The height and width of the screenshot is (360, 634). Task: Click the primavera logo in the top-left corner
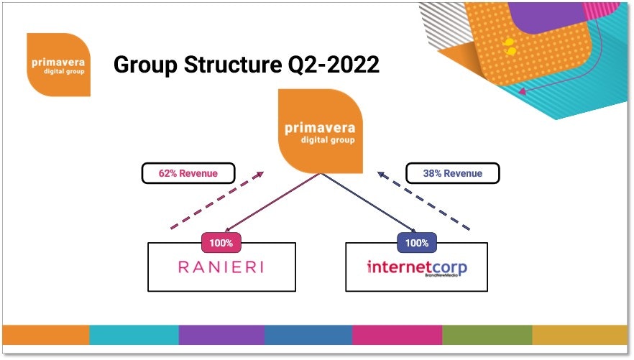point(59,65)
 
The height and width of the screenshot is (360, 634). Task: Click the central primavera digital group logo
point(321,131)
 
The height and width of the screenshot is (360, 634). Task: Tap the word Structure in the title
point(233,64)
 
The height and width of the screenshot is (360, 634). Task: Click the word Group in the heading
point(145,65)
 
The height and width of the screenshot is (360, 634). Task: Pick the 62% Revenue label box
point(188,173)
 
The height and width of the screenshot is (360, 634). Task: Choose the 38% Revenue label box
point(452,173)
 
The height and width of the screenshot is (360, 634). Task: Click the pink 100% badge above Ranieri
point(221,243)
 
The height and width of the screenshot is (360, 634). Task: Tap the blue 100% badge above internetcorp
point(417,243)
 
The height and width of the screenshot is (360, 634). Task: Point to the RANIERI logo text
point(221,267)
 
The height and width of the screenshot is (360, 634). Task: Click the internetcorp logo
point(417,268)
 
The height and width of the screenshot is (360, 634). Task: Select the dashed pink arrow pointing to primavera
point(217,200)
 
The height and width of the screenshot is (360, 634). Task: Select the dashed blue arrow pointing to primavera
point(424,200)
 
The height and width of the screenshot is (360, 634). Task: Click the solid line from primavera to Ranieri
point(272,203)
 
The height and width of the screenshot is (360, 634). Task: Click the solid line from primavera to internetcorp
point(369,203)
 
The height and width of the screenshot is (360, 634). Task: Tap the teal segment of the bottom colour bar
point(134,335)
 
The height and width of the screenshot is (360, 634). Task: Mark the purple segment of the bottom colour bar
point(221,335)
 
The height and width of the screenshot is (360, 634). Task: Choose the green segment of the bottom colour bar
point(487,335)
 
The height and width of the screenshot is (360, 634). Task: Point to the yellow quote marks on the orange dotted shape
point(510,47)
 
